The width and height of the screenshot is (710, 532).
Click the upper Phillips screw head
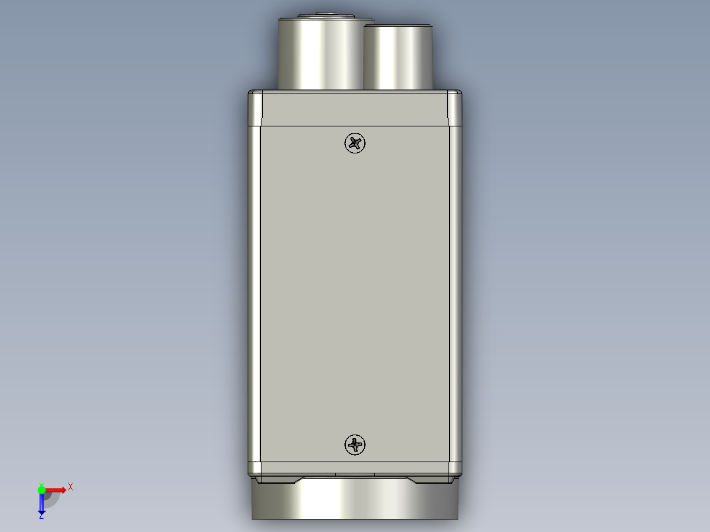point(355,142)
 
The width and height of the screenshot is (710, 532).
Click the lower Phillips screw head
point(355,445)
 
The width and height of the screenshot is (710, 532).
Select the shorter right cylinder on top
point(398,58)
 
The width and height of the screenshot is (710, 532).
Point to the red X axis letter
point(70,487)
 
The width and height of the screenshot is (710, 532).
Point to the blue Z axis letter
point(41,516)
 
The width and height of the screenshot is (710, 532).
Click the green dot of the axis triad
point(41,489)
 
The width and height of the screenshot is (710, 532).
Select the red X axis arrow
point(56,489)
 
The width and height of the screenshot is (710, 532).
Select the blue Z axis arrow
point(41,503)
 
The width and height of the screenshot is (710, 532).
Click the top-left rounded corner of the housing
point(255,99)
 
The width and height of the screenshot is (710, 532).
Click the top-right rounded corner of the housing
point(454,99)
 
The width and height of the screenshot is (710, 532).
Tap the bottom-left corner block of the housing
point(255,468)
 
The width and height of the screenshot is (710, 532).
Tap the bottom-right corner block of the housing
point(454,468)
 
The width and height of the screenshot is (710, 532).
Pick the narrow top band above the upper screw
point(355,109)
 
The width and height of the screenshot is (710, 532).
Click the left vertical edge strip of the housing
point(255,290)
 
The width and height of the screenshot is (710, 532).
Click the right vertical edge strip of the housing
point(454,290)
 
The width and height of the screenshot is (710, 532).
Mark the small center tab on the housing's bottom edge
point(355,474)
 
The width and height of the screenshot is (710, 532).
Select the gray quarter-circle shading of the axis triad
point(52,500)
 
